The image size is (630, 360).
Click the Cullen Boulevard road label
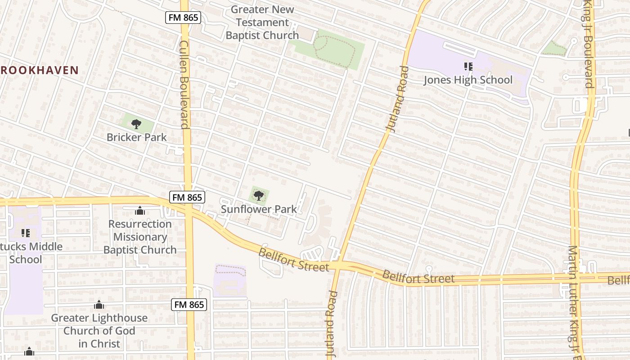pos(184,84)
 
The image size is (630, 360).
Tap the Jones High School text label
pos(468,80)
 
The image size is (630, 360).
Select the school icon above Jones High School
pos(468,67)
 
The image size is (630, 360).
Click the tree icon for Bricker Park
pos(136,124)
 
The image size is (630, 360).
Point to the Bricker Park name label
pos(136,137)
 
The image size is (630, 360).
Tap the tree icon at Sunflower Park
pos(258,195)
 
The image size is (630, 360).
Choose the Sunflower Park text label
pos(259,209)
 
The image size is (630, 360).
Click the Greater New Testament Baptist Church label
pos(262,22)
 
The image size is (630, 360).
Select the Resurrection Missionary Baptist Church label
pos(140,237)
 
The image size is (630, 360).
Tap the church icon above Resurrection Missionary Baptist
pos(140,211)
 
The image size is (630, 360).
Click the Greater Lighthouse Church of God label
pos(99,331)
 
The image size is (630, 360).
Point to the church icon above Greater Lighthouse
pos(99,305)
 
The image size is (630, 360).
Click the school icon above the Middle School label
pos(26,233)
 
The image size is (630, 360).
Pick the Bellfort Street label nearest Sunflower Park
pos(293,260)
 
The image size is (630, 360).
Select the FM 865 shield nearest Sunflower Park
pos(188,197)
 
